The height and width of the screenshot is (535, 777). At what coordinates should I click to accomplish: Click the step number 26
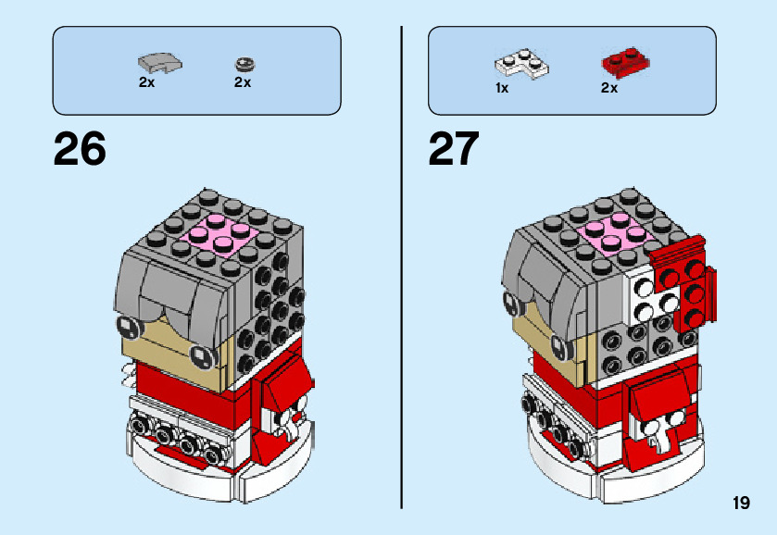80,149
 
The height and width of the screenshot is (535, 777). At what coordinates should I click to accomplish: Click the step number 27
454,149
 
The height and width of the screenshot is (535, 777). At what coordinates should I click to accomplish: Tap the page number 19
740,504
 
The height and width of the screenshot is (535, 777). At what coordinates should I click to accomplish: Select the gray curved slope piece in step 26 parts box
159,63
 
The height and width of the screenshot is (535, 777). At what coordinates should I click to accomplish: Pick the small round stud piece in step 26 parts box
244,64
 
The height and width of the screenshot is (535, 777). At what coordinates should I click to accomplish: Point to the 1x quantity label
502,88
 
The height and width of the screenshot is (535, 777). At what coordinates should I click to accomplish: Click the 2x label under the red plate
608,88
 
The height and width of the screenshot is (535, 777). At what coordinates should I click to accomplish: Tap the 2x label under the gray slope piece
146,82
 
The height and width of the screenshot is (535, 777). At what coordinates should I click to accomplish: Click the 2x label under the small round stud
243,82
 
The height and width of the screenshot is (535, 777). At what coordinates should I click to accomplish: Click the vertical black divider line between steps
402,268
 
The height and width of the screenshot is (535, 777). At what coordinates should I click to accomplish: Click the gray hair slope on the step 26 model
176,296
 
